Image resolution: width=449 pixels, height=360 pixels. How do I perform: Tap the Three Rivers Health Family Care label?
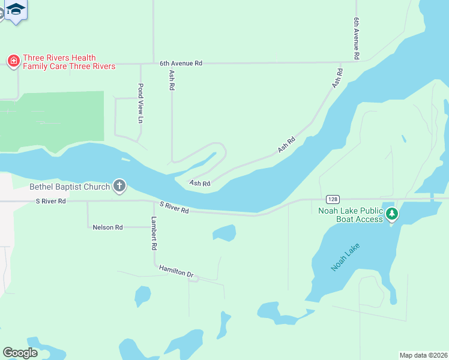(x=68, y=62)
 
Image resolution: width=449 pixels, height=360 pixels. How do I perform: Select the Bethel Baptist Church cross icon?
(x=119, y=186)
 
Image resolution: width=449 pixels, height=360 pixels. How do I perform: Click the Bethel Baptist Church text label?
(x=70, y=187)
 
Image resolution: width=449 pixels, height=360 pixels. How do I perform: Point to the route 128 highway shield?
(x=333, y=199)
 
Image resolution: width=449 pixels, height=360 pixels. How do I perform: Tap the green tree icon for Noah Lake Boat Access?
(x=392, y=213)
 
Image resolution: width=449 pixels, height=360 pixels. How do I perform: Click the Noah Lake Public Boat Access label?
(x=351, y=214)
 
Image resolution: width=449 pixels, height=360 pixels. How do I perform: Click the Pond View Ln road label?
(x=141, y=103)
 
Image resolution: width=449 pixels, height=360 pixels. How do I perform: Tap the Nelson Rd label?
(x=108, y=227)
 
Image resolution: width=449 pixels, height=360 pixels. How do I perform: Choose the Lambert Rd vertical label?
(x=154, y=233)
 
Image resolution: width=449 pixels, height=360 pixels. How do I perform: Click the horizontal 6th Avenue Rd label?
(x=181, y=62)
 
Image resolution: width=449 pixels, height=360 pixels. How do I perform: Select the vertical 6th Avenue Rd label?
(x=357, y=38)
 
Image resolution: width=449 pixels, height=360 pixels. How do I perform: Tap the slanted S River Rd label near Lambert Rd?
(x=174, y=207)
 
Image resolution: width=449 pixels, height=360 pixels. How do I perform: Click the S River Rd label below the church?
(x=51, y=201)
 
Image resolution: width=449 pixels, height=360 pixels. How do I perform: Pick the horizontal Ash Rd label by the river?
(x=200, y=183)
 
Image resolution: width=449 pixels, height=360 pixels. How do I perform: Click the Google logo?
(x=20, y=352)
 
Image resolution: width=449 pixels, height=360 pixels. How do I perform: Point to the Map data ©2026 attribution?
(x=423, y=355)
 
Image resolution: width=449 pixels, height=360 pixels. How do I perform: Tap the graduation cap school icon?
(x=16, y=9)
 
